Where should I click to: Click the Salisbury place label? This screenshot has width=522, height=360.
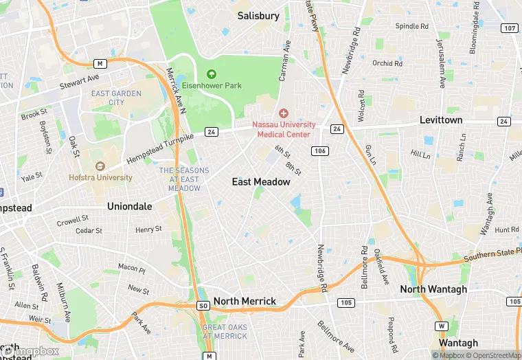click(x=258, y=15)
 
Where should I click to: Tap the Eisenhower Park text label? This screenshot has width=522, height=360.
click(x=212, y=86)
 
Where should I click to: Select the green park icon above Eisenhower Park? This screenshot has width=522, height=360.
click(x=212, y=74)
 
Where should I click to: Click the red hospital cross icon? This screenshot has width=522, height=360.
click(x=283, y=113)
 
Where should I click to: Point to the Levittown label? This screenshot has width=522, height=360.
click(x=441, y=120)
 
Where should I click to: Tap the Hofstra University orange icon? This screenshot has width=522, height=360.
click(x=100, y=166)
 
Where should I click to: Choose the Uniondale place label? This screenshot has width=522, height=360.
click(x=128, y=205)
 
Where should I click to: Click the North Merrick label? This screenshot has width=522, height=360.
click(x=245, y=301)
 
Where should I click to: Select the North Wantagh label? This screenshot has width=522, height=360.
click(x=433, y=289)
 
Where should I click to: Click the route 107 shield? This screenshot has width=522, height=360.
click(x=510, y=28)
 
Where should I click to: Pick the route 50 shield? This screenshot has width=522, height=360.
click(x=202, y=305)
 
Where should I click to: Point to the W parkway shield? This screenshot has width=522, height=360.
click(x=444, y=325)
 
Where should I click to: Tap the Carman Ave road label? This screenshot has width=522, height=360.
click(x=284, y=60)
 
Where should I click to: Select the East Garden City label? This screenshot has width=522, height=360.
click(x=116, y=98)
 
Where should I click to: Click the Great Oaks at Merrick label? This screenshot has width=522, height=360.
click(x=225, y=331)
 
